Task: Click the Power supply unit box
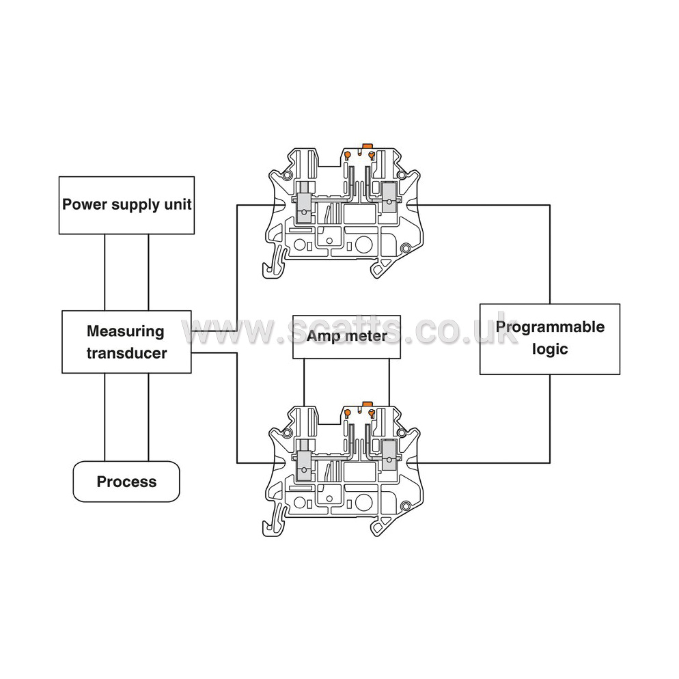click(126, 205)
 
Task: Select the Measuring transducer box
click(126, 342)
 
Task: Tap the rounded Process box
click(126, 482)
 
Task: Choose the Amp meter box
click(346, 337)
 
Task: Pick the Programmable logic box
click(550, 339)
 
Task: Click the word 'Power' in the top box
click(83, 204)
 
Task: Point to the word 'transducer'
click(126, 353)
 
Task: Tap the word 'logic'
click(550, 349)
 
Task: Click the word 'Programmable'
click(550, 327)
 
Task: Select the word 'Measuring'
click(126, 331)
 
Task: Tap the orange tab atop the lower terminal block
click(368, 404)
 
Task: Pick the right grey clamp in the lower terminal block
click(389, 455)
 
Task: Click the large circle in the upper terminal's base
click(363, 245)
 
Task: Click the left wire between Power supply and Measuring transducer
click(105, 273)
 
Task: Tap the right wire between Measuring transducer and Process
click(148, 417)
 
